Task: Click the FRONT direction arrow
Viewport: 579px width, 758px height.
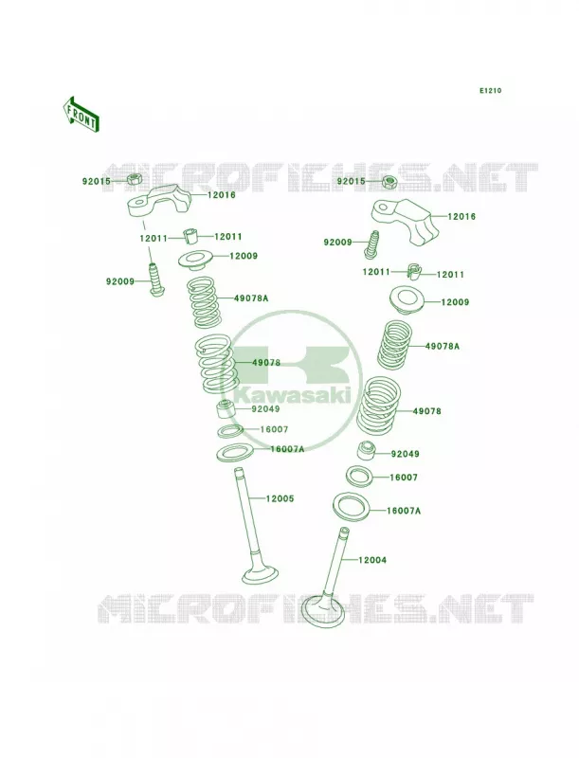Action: coord(81,114)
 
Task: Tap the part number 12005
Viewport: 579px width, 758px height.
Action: coord(280,498)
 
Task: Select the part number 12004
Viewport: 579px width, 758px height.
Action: coord(372,560)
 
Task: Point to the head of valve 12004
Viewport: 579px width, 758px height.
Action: coord(322,611)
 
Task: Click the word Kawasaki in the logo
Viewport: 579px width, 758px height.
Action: coord(293,395)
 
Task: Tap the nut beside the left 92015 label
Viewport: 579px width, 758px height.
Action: coord(134,180)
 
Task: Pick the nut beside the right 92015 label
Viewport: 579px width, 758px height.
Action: coord(389,182)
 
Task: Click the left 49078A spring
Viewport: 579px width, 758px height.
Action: coord(205,301)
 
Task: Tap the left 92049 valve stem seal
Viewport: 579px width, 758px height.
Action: coord(225,410)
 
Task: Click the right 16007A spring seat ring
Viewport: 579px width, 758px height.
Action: coord(352,510)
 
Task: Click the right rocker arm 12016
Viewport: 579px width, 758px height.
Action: coord(407,223)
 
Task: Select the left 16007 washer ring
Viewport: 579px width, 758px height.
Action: coord(230,431)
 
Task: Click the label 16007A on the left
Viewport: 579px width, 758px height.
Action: coord(287,449)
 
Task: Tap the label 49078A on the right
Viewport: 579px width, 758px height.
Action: coord(443,346)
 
